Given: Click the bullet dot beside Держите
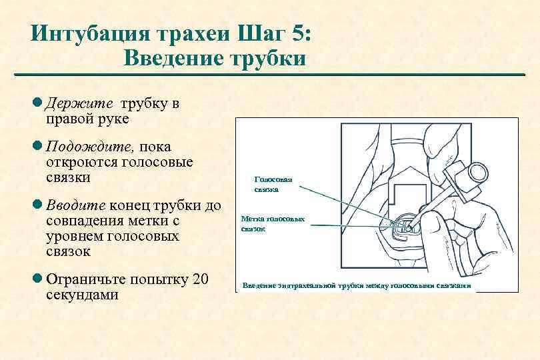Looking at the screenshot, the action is coord(38,105).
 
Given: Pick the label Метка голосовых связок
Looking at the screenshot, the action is coord(273,223).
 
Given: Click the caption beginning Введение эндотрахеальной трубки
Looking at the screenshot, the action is coord(357,285).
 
